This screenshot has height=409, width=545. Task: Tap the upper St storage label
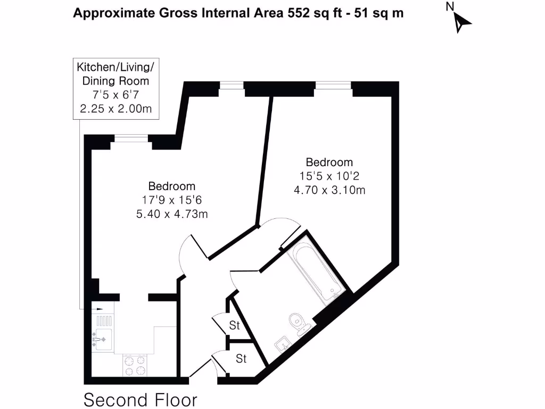pos(235,325)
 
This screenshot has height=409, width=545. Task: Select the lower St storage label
pos(241,358)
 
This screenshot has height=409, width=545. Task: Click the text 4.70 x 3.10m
pos(329,189)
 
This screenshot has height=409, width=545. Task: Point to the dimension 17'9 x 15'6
pos(171,200)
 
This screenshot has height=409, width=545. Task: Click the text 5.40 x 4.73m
pos(171,214)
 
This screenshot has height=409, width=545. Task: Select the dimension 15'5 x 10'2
pos(329,176)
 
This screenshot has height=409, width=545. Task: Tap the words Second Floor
pos(141,399)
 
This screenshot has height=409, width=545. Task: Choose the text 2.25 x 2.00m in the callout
pos(115,109)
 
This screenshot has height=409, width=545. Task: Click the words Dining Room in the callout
pos(115,81)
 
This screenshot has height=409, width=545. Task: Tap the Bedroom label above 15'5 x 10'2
pos(329,162)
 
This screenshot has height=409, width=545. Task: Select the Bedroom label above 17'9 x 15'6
pos(171,186)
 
